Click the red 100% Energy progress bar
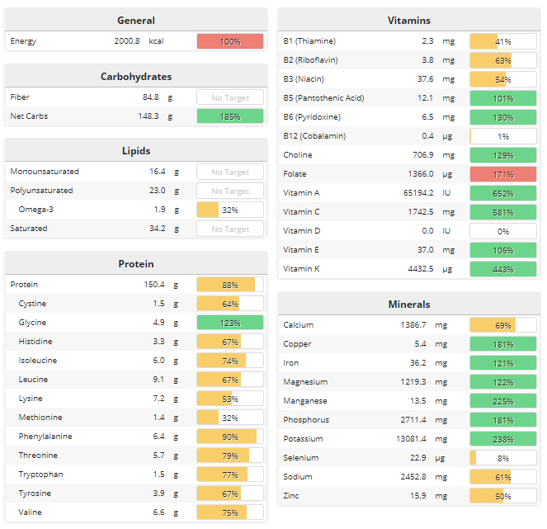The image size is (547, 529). tap(230, 41)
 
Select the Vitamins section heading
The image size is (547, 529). tap(408, 21)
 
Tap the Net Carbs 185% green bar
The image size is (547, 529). tap(230, 116)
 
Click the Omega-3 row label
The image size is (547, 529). tap(36, 210)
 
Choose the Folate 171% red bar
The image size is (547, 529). tap(502, 174)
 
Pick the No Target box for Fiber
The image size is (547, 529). tap(230, 97)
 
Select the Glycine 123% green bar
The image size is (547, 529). tap(230, 323)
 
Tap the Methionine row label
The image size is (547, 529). tap(40, 418)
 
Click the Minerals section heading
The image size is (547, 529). tap(408, 305)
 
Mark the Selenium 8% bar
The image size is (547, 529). tap(502, 458)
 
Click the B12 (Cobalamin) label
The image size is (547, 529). tap(314, 136)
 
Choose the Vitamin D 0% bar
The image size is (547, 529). tap(502, 231)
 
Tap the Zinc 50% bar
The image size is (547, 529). tap(502, 496)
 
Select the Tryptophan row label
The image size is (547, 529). tap(40, 475)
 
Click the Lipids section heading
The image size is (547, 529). tap(136, 151)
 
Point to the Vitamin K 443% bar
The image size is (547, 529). tap(502, 269)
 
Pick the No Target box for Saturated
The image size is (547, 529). tap(230, 229)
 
